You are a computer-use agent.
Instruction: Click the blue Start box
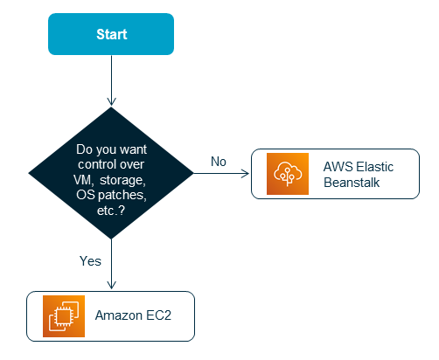tap(112, 35)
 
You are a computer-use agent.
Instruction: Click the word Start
tap(112, 35)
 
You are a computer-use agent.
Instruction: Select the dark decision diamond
tap(112, 173)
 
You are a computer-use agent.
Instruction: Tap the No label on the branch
tap(219, 162)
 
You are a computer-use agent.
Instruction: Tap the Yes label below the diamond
tap(91, 260)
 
